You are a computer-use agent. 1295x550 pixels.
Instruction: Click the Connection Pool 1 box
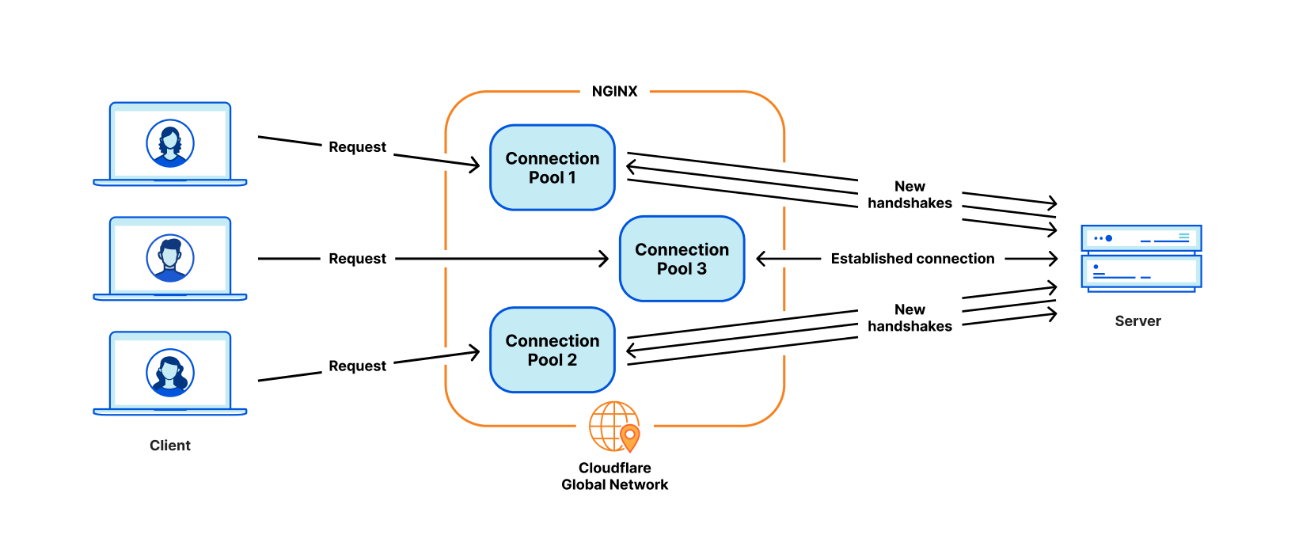(x=553, y=168)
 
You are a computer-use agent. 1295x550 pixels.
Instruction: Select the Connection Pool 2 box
(x=553, y=350)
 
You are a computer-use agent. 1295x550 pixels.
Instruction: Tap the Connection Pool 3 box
(x=682, y=259)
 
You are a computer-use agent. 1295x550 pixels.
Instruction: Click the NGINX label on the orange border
(x=614, y=91)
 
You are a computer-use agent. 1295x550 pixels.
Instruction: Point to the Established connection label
(x=912, y=259)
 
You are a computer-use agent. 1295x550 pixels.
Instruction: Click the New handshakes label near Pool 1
(x=910, y=195)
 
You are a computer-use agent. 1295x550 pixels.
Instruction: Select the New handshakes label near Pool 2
(x=910, y=318)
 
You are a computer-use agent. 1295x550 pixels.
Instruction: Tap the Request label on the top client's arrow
(x=357, y=147)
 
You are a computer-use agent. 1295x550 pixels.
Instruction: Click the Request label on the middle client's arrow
(x=357, y=259)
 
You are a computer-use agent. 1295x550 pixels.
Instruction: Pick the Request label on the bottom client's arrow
(x=357, y=366)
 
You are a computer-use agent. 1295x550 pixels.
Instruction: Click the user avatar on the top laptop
(x=170, y=143)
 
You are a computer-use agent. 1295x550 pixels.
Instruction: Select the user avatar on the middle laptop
(x=170, y=258)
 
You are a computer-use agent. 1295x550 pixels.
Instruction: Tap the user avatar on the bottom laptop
(x=170, y=373)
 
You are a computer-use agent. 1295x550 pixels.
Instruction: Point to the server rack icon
(x=1141, y=258)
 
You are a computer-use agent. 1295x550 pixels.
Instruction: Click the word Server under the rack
(x=1137, y=321)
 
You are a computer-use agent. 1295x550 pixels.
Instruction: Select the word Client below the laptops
(x=170, y=446)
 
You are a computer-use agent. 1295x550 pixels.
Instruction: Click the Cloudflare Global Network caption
(x=614, y=476)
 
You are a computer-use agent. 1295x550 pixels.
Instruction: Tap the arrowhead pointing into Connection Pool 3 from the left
(x=605, y=259)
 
